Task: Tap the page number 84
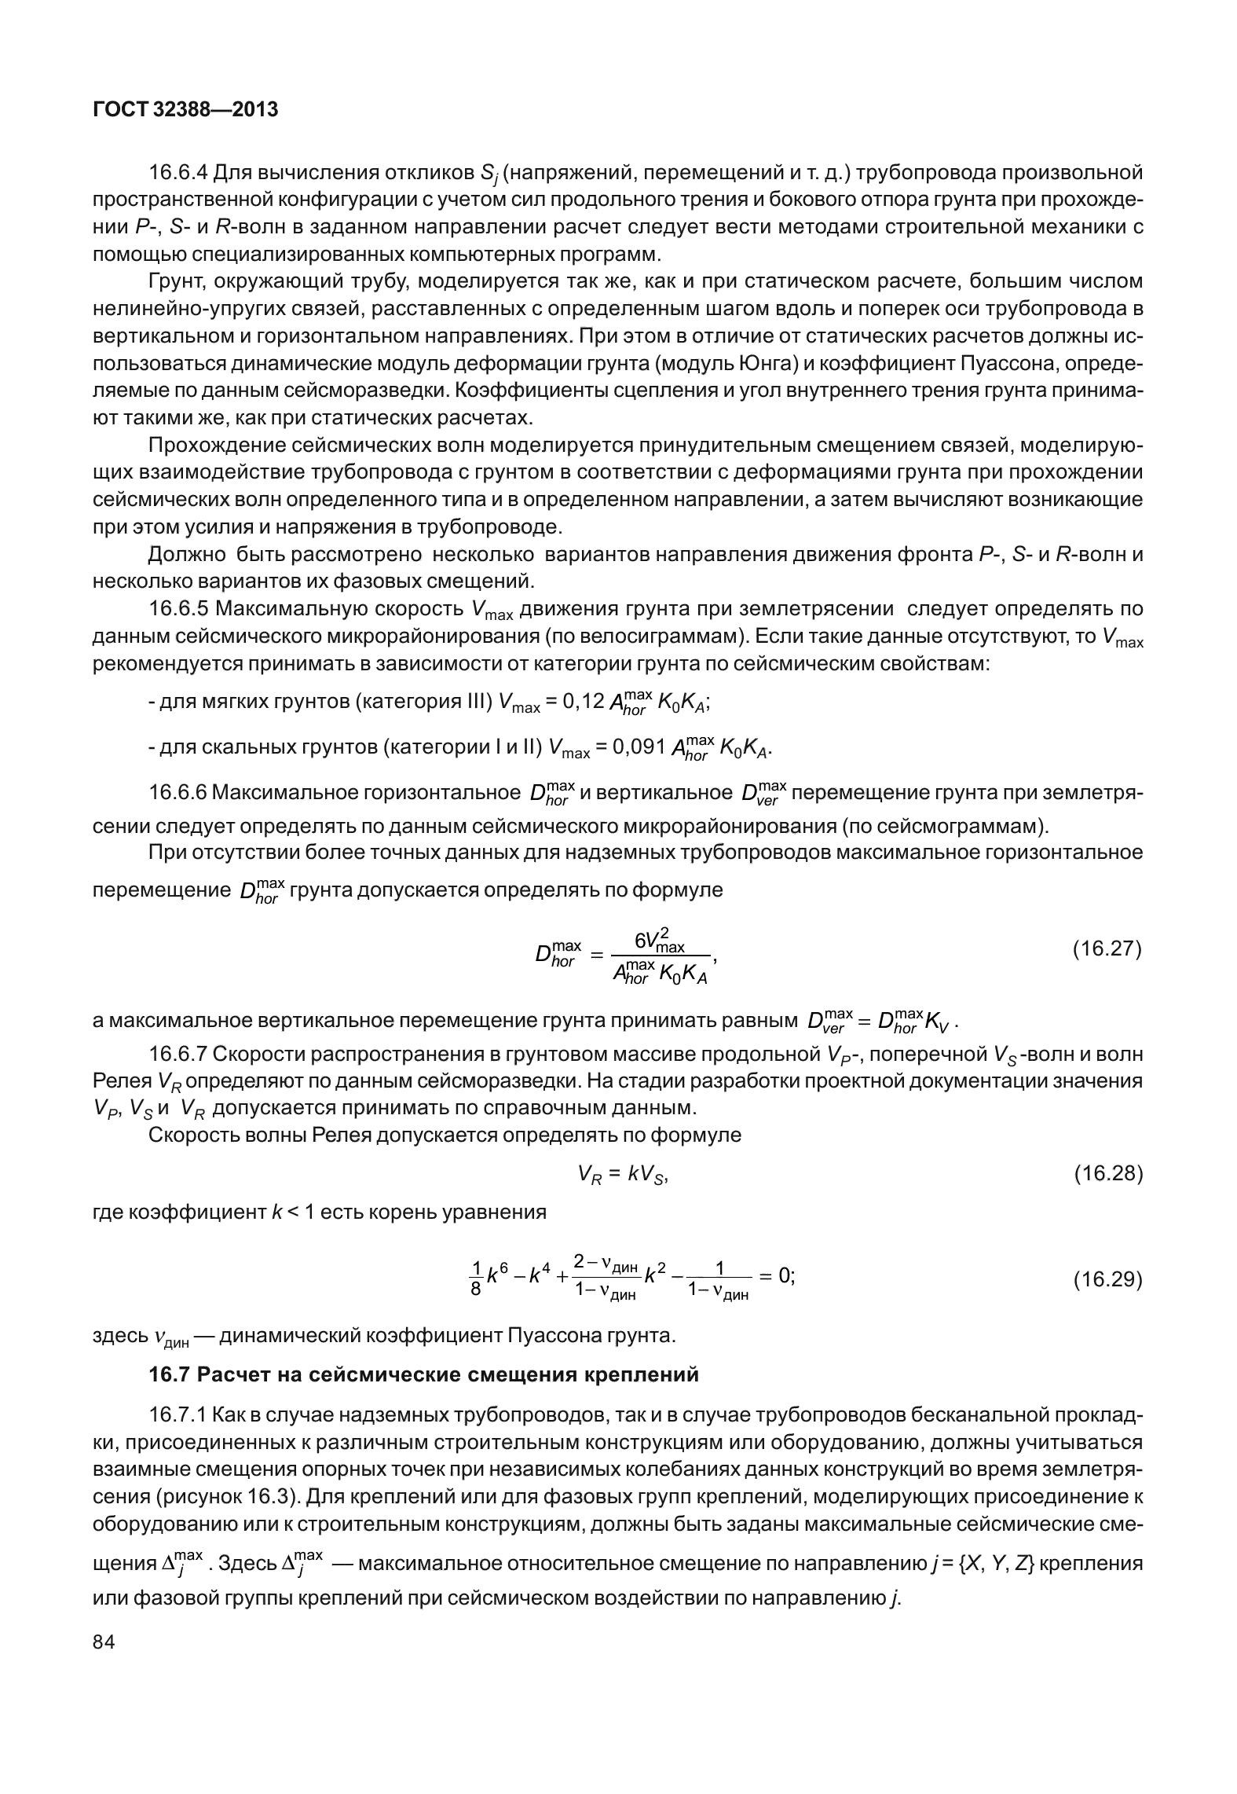tap(104, 1642)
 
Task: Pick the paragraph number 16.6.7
tap(178, 1053)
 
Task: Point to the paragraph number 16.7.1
tap(178, 1414)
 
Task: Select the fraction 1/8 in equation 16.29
tap(475, 1279)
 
